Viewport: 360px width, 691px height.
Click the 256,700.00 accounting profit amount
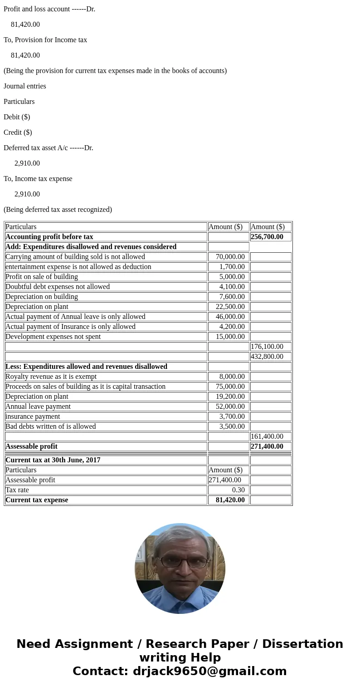point(267,237)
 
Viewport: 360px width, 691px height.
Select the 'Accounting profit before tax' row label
point(49,237)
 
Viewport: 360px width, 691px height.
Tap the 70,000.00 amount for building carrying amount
point(230,257)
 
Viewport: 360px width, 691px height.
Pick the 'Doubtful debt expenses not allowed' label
point(58,287)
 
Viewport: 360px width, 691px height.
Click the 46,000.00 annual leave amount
point(230,317)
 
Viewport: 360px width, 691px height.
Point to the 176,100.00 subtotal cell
point(267,347)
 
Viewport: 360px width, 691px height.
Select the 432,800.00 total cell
point(267,357)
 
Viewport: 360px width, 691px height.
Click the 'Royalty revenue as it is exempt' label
point(51,377)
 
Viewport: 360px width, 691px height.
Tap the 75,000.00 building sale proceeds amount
point(230,387)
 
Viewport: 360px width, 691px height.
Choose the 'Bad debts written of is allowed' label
point(50,426)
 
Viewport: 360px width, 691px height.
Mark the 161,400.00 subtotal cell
point(267,436)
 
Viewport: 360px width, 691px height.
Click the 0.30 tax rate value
point(238,490)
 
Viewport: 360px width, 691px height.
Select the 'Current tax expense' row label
point(37,500)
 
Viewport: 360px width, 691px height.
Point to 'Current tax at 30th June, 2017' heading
point(53,460)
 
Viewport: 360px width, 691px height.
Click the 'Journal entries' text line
point(25,86)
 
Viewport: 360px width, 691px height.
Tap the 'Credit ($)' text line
point(18,132)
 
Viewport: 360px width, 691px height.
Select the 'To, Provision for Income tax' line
point(45,40)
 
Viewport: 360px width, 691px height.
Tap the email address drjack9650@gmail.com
point(209,671)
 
